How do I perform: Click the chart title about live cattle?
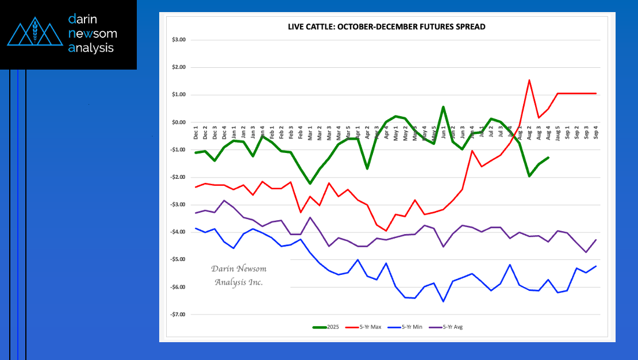coord(386,27)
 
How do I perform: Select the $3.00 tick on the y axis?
coord(178,40)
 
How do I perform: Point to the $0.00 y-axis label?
coord(178,122)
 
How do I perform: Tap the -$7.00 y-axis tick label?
coord(178,315)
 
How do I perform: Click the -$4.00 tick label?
coord(178,232)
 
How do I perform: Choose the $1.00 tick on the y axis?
coord(178,95)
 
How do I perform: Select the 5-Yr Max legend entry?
coord(366,327)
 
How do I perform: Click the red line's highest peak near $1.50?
coord(529,80)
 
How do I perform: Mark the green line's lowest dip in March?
coord(310,183)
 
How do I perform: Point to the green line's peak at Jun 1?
coord(443,107)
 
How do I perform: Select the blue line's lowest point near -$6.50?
coord(443,301)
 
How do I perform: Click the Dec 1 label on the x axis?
coord(196,133)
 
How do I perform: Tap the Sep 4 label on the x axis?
coord(595,133)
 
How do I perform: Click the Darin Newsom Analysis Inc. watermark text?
coord(239,275)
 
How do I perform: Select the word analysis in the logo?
coord(91,48)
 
